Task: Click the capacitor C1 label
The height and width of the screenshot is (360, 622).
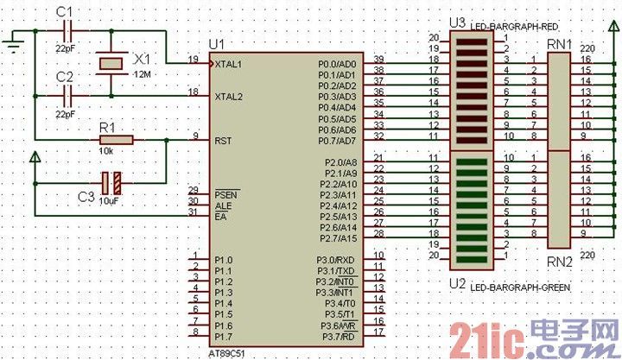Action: click(64, 11)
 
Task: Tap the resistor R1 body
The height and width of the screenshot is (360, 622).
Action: click(116, 139)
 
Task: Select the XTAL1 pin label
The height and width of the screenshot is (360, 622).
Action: click(228, 64)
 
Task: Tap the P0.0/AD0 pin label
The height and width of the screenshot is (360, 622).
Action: click(337, 64)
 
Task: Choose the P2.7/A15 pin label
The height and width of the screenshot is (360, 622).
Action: click(337, 237)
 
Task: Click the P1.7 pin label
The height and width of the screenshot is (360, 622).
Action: click(223, 336)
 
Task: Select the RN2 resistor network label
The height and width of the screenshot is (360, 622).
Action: click(560, 260)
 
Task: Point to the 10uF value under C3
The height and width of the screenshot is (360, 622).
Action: click(109, 200)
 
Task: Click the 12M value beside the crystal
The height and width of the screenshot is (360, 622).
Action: click(141, 75)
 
